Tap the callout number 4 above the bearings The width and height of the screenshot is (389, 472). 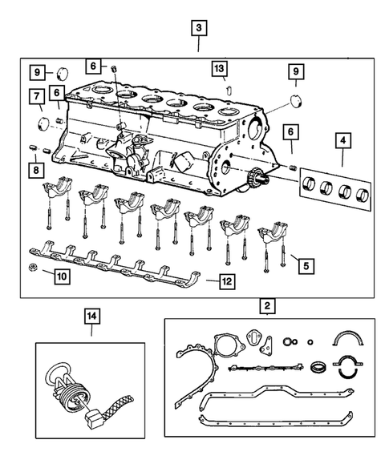point(343,144)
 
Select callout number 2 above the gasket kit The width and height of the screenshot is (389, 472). point(265,305)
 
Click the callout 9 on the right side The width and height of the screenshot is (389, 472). point(296,74)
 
